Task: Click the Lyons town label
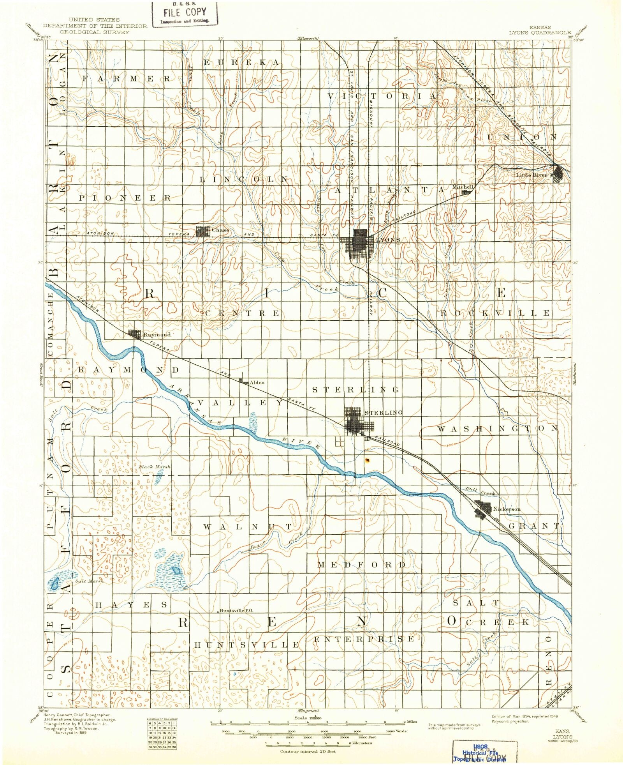pyautogui.click(x=388, y=240)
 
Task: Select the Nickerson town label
pyautogui.click(x=507, y=509)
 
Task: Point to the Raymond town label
pyautogui.click(x=157, y=334)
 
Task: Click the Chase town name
pyautogui.click(x=220, y=230)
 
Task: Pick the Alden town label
pyautogui.click(x=257, y=382)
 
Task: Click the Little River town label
pyautogui.click(x=531, y=175)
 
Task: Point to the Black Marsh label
pyautogui.click(x=155, y=466)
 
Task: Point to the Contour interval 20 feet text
pyautogui.click(x=308, y=751)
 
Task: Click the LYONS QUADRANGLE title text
pyautogui.click(x=540, y=33)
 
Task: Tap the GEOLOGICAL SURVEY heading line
pyautogui.click(x=95, y=32)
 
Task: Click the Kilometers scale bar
pyautogui.click(x=308, y=744)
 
